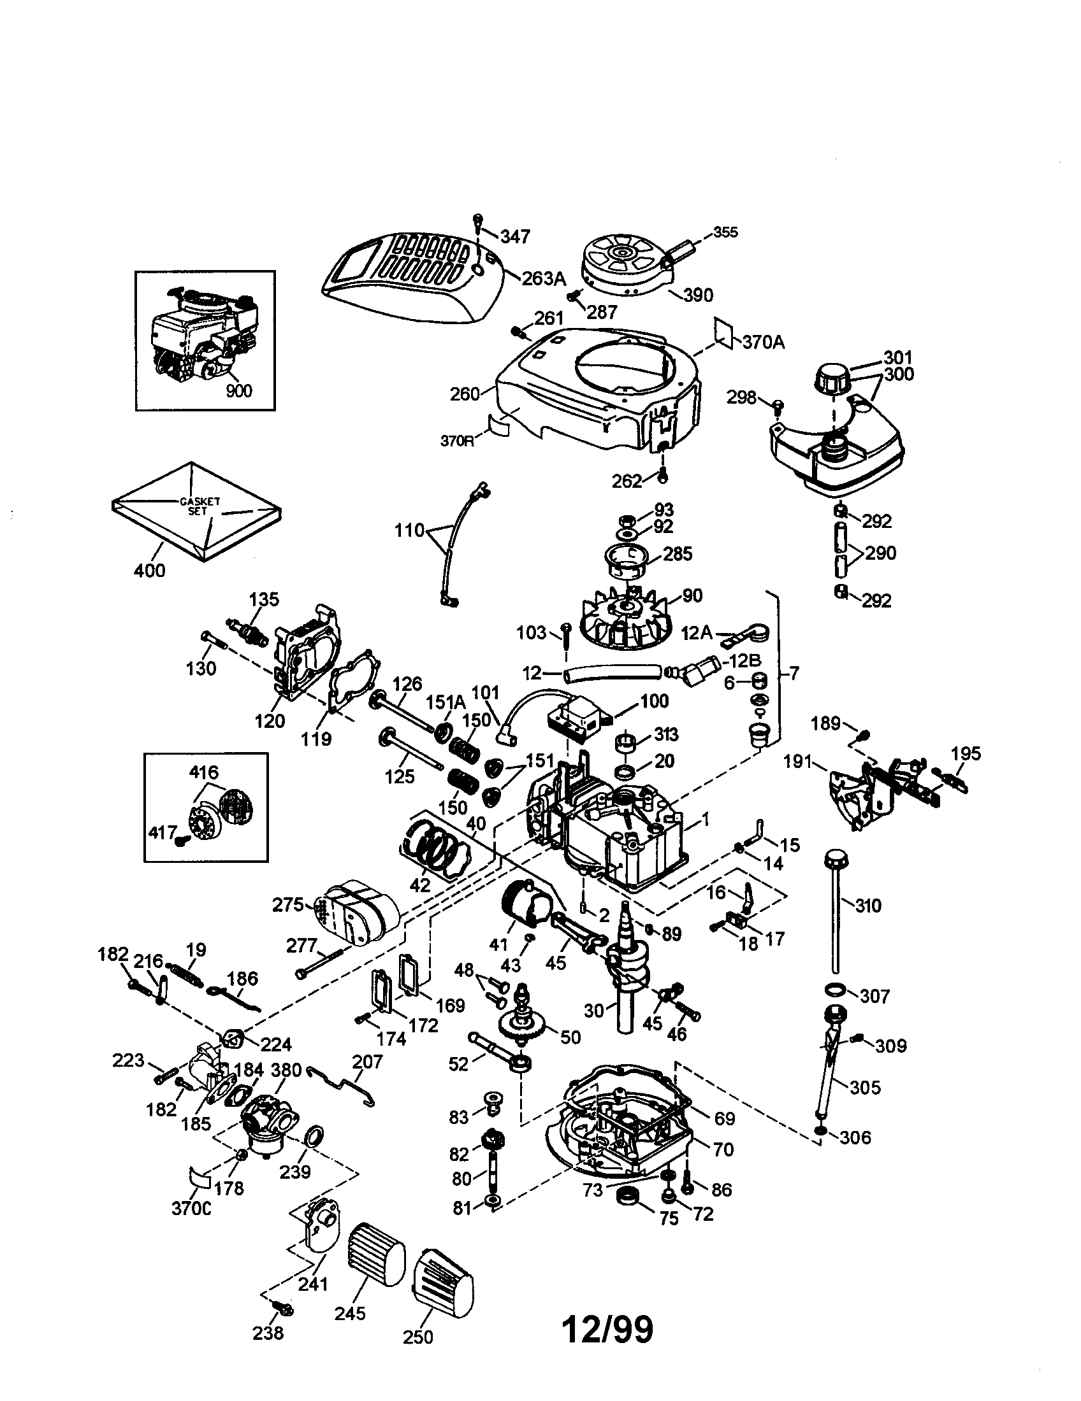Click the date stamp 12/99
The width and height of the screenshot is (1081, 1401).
click(x=607, y=1329)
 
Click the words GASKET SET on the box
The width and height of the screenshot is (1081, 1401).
click(x=200, y=506)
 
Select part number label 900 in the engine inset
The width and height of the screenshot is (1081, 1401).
click(x=239, y=390)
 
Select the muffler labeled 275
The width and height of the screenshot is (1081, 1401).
click(x=355, y=911)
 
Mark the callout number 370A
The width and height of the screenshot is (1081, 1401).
click(x=763, y=342)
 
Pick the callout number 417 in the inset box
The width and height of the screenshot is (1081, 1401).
click(x=163, y=833)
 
